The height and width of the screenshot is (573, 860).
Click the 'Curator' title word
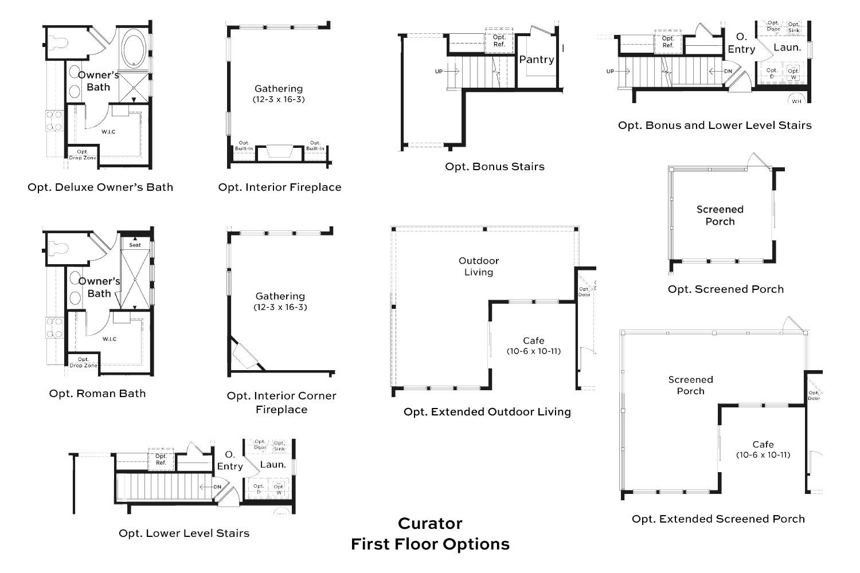pyautogui.click(x=430, y=523)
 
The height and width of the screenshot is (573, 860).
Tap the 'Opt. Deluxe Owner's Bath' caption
pyautogui.click(x=100, y=187)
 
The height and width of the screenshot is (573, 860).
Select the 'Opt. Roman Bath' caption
pyautogui.click(x=97, y=394)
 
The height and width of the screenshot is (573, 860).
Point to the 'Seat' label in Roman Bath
pyautogui.click(x=135, y=245)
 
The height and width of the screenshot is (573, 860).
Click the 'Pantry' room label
pyautogui.click(x=537, y=60)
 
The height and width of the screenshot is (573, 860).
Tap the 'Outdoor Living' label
pyautogui.click(x=479, y=266)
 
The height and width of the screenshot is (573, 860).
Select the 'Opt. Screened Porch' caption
pyautogui.click(x=725, y=289)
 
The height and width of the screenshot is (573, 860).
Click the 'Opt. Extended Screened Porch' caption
pyautogui.click(x=718, y=519)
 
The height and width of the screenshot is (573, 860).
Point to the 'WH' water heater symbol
pyautogui.click(x=796, y=100)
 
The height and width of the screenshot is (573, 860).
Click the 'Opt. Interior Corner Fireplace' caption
pyautogui.click(x=282, y=402)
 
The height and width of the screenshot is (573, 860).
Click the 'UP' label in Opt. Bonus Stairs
pyautogui.click(x=439, y=72)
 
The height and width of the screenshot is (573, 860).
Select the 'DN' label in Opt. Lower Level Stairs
pyautogui.click(x=217, y=487)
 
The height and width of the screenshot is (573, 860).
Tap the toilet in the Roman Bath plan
pyautogui.click(x=57, y=249)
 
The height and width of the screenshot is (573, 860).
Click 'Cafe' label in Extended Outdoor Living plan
pyautogui.click(x=533, y=341)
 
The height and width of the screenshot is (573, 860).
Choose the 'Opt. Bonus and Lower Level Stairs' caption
pyautogui.click(x=714, y=125)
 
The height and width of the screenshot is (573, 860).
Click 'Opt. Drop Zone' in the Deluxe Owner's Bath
pyautogui.click(x=83, y=155)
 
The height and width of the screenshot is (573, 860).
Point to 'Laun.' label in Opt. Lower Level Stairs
pyautogui.click(x=273, y=465)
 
